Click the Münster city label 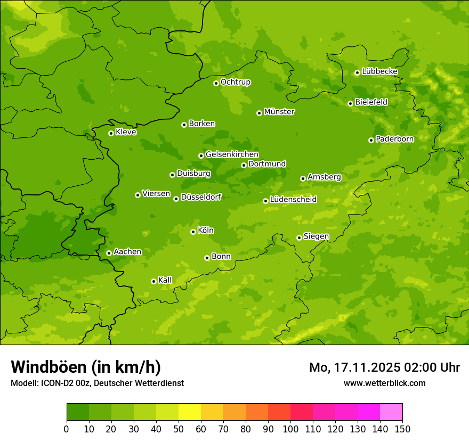(279, 112)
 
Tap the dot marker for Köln (193, 232)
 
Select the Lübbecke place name (379, 71)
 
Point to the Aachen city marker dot (109, 253)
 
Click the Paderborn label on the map (394, 139)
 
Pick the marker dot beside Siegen (299, 238)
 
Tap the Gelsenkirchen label (232, 154)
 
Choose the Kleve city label (126, 132)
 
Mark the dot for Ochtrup (216, 83)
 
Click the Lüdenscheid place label (293, 200)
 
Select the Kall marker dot (153, 281)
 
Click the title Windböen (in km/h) (85, 367)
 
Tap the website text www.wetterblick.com (384, 383)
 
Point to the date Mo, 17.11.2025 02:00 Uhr (384, 367)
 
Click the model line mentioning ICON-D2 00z (97, 383)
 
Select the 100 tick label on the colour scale (290, 429)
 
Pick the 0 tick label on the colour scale (67, 429)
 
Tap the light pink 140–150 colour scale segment (391, 412)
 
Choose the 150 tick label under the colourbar (402, 429)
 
